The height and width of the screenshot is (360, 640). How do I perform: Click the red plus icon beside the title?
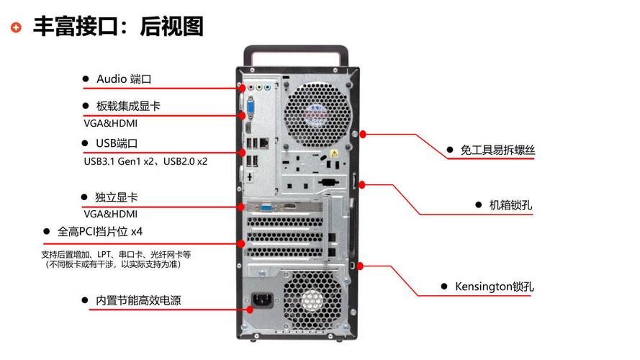[17, 27]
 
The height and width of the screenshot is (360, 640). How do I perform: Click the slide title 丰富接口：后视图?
[118, 27]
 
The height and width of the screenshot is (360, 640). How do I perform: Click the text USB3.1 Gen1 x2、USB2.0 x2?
[145, 161]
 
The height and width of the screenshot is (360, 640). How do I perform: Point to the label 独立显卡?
[117, 197]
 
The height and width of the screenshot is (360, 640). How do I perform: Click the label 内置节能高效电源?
[138, 300]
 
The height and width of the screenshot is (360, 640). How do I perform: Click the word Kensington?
[483, 286]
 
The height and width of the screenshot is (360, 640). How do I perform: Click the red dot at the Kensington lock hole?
[361, 266]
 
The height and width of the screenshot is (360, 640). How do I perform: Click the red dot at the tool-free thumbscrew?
[364, 133]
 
